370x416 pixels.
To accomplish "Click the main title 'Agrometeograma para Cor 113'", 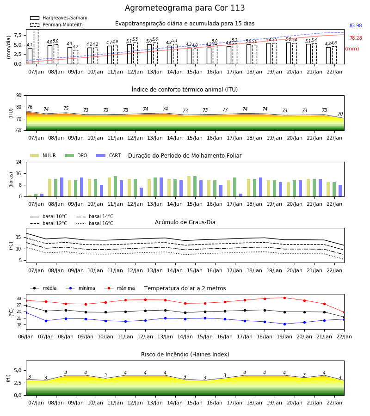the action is point(185,8).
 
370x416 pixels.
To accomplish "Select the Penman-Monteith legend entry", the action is point(56,24).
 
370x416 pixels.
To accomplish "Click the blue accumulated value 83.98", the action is point(356,26).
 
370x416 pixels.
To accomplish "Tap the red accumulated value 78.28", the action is point(356,38).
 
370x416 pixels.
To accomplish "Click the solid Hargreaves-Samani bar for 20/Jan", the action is point(289,53).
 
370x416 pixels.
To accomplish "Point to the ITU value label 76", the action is point(30,107).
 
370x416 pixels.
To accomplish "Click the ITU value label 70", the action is point(340,114).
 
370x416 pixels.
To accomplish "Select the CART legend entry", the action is point(109,155).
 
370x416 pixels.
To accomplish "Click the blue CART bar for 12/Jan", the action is point(141,192).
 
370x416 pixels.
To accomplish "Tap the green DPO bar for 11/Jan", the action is point(116,186).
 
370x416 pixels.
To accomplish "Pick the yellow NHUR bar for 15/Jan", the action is point(189,186).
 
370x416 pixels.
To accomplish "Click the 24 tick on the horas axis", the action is point(19,162).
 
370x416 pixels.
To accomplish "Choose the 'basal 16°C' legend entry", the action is point(95,223).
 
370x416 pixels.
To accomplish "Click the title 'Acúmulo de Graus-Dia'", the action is point(185,222).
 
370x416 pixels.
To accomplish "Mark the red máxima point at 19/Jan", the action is point(284,298).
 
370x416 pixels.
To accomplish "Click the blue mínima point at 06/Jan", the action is point(26,313).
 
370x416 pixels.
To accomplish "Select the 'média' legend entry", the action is point(43,288).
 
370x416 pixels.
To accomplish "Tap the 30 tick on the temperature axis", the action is point(19,299).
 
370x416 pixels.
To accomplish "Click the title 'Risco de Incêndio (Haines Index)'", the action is point(185,355).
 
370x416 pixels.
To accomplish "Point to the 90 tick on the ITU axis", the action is point(19,96).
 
